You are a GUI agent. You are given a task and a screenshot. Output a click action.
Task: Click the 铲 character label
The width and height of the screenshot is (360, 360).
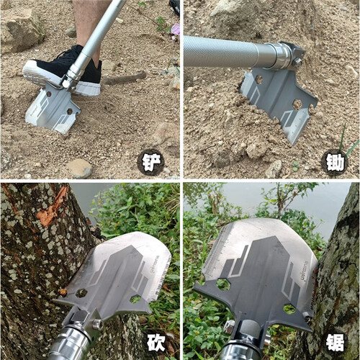(x=151, y=163)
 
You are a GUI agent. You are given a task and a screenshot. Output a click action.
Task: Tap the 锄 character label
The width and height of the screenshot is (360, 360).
(x=336, y=163)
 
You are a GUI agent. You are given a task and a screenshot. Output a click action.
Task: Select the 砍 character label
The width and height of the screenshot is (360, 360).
(x=156, y=343)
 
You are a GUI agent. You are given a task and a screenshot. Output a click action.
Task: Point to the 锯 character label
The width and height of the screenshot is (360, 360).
(x=335, y=342)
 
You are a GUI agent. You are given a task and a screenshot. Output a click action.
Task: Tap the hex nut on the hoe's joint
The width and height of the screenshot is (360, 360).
(x=297, y=63)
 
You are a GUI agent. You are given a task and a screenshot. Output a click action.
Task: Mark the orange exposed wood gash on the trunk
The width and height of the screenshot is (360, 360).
(x=50, y=207)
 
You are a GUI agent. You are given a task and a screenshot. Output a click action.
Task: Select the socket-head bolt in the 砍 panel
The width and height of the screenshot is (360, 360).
(x=97, y=325)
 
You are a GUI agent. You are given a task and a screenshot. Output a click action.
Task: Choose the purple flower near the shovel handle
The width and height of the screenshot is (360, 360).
(x=176, y=30)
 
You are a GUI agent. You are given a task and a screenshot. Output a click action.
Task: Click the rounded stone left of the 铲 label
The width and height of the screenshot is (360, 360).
(x=79, y=168)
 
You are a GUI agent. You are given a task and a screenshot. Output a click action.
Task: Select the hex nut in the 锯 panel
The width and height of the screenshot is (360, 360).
(x=229, y=326)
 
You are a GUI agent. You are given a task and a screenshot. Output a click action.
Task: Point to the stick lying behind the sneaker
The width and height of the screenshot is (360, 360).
(x=124, y=78)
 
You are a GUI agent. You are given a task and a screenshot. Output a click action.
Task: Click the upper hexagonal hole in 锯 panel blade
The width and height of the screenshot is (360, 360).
(x=223, y=284)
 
